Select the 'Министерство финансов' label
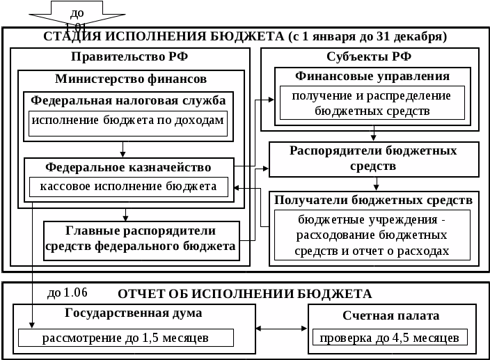click(x=131, y=79)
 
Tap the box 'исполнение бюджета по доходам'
click(x=128, y=121)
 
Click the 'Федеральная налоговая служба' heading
click(x=128, y=100)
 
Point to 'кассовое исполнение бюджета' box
click(x=129, y=186)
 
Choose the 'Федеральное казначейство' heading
click(x=128, y=167)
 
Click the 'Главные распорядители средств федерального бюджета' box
click(x=141, y=238)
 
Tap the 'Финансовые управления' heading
click(x=372, y=76)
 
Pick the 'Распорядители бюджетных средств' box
click(x=374, y=159)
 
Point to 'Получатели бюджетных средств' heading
click(x=374, y=200)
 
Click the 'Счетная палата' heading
click(x=390, y=315)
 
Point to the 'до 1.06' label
click(x=68, y=292)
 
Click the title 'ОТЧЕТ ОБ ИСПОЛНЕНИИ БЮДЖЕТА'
click(x=244, y=293)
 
